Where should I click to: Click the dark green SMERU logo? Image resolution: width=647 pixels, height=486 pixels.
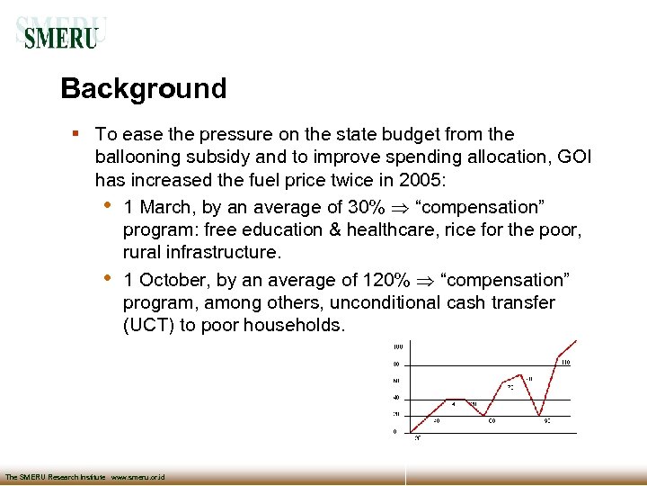click(60, 37)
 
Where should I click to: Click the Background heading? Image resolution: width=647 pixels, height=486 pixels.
click(143, 89)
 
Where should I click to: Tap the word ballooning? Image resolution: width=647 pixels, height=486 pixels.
click(137, 157)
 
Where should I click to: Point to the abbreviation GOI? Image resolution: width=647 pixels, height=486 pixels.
click(574, 157)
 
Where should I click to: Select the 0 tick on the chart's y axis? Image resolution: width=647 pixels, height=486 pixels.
click(395, 431)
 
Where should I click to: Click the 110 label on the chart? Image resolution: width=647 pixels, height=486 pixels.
click(565, 363)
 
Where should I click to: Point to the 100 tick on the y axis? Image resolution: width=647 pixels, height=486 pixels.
click(396, 346)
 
